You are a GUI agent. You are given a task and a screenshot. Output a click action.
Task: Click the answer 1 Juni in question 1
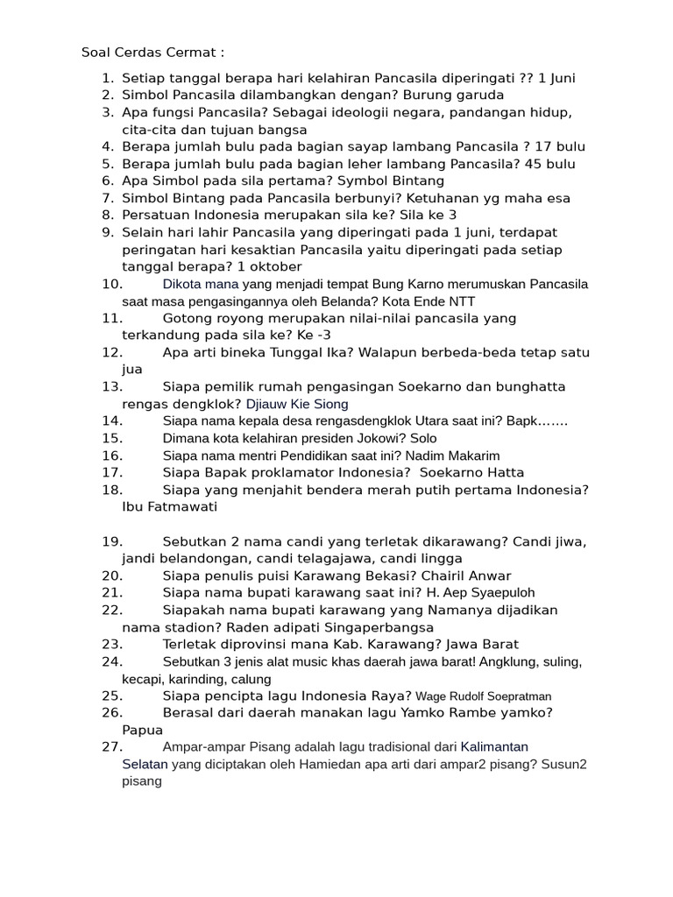tap(556, 78)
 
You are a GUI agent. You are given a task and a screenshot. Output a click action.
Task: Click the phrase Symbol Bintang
tap(361, 180)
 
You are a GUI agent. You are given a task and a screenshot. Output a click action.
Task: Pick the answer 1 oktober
tap(262, 266)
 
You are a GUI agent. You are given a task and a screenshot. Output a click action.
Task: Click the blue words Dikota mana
tap(201, 284)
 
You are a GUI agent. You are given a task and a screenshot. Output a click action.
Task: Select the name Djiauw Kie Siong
tap(297, 404)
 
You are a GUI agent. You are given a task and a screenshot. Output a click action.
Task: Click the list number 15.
tap(112, 438)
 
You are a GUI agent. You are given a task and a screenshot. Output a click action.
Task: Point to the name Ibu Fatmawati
tap(170, 506)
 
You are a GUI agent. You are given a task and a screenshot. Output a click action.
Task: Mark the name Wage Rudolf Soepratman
tap(484, 696)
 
